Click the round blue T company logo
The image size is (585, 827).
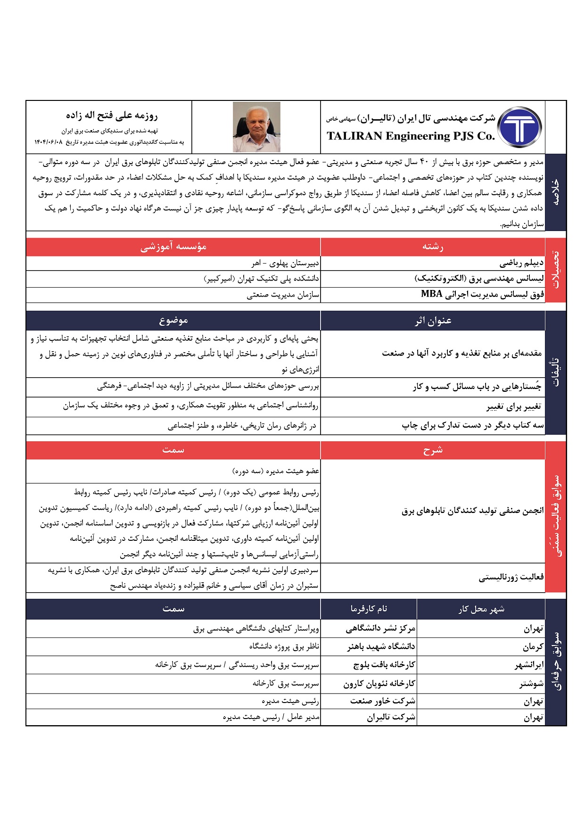click(519, 127)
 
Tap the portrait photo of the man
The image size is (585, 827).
click(256, 127)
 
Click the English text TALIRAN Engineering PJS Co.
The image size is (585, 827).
click(411, 136)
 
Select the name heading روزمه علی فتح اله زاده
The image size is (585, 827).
click(112, 116)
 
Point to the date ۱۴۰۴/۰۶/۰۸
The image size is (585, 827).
click(49, 142)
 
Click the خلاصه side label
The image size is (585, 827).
click(555, 192)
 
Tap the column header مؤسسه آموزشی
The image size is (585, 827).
click(173, 247)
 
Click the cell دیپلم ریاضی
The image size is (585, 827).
click(521, 263)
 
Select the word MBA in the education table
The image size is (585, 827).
click(431, 294)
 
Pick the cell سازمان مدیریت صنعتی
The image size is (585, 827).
click(283, 295)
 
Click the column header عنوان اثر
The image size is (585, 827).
click(433, 321)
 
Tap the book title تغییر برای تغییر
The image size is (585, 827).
click(514, 406)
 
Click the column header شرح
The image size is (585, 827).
click(433, 450)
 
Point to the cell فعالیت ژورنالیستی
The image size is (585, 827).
click(511, 577)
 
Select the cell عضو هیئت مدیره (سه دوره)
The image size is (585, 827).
click(276, 471)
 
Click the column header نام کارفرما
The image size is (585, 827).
click(369, 609)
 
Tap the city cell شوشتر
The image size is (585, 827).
click(531, 683)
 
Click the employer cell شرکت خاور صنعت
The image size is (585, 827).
click(382, 701)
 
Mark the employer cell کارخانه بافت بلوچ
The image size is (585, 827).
click(384, 665)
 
